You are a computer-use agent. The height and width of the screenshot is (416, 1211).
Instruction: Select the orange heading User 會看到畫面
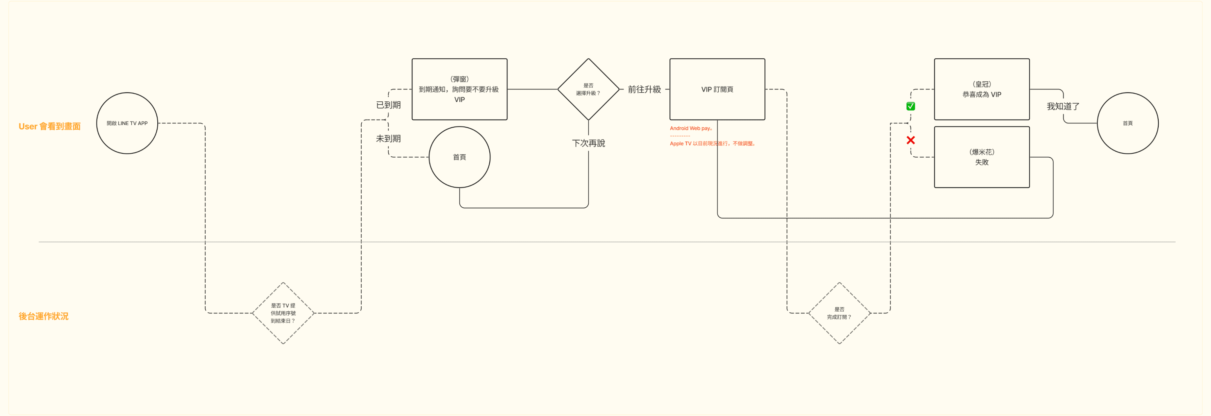(x=49, y=126)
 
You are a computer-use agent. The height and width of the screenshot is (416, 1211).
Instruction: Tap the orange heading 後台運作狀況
(x=43, y=316)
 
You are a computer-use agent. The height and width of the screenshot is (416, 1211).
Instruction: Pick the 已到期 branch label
(x=388, y=105)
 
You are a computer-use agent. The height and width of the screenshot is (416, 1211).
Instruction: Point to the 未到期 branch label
(x=388, y=139)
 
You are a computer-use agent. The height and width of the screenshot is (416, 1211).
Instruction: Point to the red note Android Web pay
(x=691, y=128)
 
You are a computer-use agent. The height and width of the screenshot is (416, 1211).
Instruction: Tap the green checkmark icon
(x=911, y=106)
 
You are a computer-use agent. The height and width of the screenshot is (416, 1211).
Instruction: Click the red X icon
(x=911, y=140)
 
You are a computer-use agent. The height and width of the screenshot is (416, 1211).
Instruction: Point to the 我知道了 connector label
(x=1063, y=106)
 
